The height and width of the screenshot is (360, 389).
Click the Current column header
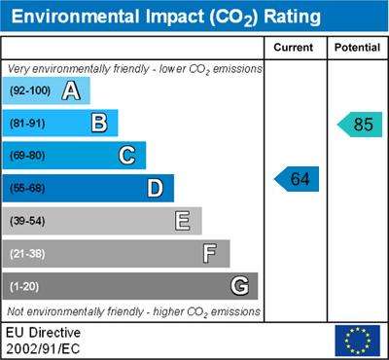(x=294, y=48)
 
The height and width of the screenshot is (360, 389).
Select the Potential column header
(x=357, y=48)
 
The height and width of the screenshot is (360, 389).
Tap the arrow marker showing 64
(x=297, y=179)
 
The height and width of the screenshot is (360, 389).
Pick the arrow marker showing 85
(x=360, y=125)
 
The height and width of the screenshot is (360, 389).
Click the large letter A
(x=71, y=90)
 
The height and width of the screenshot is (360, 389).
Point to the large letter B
(x=99, y=124)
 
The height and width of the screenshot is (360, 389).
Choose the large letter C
(x=126, y=156)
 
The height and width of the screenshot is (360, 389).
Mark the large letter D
(x=156, y=188)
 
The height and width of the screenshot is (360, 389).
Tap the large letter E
(x=183, y=221)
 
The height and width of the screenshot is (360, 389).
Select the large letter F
(x=210, y=254)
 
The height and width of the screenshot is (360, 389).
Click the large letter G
(x=240, y=286)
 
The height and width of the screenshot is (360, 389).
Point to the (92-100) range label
(x=30, y=90)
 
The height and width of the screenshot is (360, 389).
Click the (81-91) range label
(x=27, y=124)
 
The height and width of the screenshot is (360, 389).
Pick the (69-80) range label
(x=27, y=156)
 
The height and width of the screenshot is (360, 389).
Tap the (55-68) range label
(x=27, y=189)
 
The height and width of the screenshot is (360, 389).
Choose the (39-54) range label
(x=27, y=221)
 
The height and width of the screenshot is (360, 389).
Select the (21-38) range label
(x=27, y=254)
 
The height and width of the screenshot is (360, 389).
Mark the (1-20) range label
(x=24, y=287)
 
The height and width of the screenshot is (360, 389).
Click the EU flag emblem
(x=358, y=341)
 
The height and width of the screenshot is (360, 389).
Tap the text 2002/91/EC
(x=43, y=349)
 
